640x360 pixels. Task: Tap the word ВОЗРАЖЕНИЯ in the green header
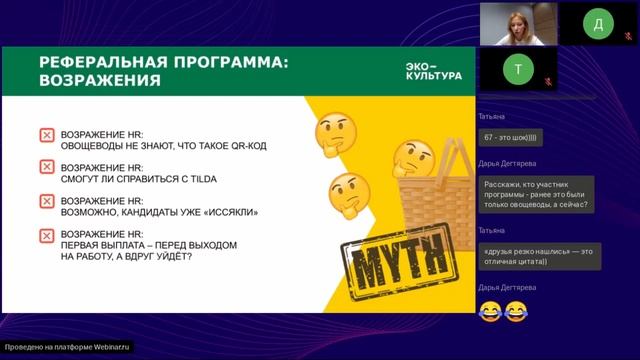[x=100, y=81]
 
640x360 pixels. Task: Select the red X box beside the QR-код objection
[x=46, y=135]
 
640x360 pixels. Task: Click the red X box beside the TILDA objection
[x=46, y=168]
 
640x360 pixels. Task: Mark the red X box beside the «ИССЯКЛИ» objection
[x=46, y=202]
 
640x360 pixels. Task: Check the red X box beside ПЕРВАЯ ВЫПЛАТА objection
[x=46, y=235]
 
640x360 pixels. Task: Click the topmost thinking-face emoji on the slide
[x=335, y=132]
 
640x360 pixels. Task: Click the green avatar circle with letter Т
[x=517, y=70]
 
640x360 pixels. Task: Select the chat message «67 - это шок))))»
[x=510, y=136]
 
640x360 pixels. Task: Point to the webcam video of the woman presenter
[x=517, y=23]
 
